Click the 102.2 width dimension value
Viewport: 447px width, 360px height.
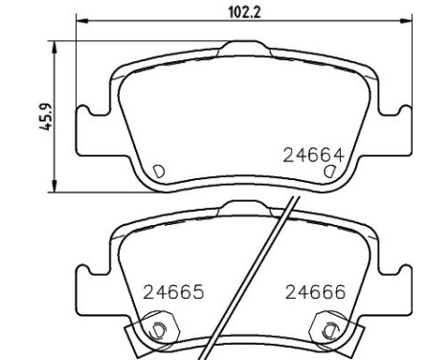coord(244,13)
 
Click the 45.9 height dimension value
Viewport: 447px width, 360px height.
coord(45,117)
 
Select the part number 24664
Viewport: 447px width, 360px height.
coord(314,155)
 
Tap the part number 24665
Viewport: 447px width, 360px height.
coord(173,292)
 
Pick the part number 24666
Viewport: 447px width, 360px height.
coord(315,292)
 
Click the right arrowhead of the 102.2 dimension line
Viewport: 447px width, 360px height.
coord(406,21)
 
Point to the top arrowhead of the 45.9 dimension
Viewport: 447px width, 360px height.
coord(55,47)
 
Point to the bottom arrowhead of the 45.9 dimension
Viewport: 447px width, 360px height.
coord(55,186)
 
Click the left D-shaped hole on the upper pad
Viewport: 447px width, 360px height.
coord(159,171)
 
